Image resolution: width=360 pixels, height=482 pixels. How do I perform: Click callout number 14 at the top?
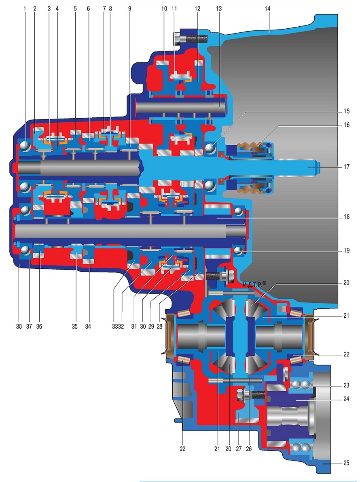pyautogui.click(x=267, y=8)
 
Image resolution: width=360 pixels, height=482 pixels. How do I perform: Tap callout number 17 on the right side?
pyautogui.click(x=347, y=167)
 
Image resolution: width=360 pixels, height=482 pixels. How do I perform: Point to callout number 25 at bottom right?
pyautogui.click(x=347, y=463)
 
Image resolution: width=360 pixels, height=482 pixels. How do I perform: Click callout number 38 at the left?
pyautogui.click(x=19, y=327)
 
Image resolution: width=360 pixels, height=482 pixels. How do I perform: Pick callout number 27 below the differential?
pyautogui.click(x=239, y=449)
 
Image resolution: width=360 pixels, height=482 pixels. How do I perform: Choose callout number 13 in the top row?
pyautogui.click(x=219, y=8)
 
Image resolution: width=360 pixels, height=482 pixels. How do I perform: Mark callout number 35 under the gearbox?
pyautogui.click(x=75, y=327)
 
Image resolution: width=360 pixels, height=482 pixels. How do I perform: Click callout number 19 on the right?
pyautogui.click(x=347, y=251)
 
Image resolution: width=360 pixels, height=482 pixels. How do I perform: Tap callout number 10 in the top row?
pyautogui.click(x=164, y=8)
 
